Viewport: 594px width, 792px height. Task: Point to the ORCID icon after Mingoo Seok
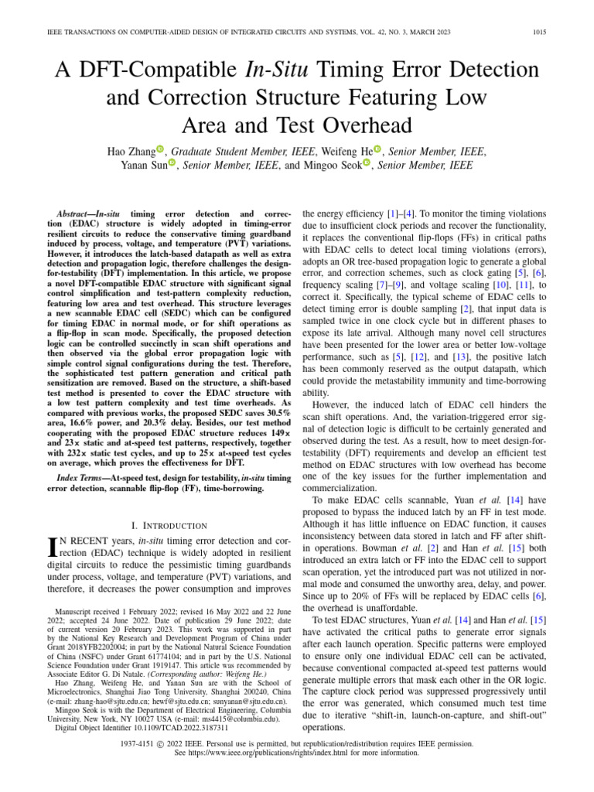367,163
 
